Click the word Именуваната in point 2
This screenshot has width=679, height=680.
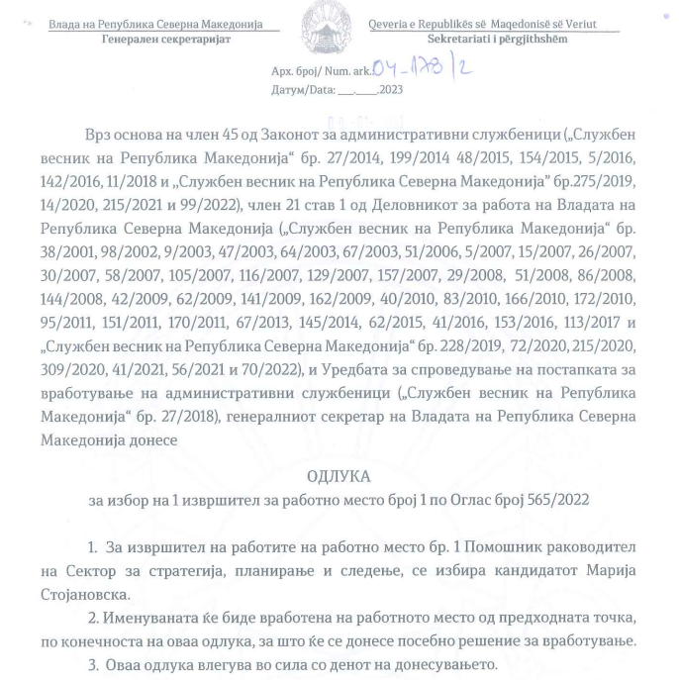click(157, 617)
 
